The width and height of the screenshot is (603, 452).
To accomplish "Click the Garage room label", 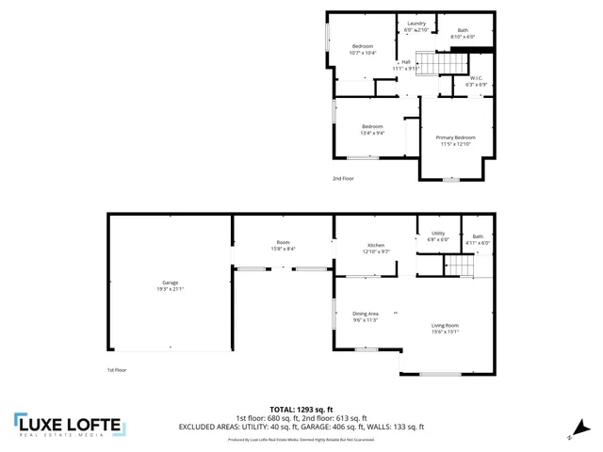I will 171,282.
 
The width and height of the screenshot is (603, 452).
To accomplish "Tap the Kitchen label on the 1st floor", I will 374,246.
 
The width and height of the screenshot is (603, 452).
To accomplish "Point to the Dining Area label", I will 366,314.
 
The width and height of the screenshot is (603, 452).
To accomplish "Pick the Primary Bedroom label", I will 455,137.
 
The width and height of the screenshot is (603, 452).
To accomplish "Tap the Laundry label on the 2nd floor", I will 416,24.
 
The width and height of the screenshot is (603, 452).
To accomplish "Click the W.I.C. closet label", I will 476,79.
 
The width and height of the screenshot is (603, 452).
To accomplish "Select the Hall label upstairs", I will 405,62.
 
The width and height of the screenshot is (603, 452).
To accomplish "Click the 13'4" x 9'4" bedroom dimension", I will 372,133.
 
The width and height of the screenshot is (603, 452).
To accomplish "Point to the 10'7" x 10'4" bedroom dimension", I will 363,53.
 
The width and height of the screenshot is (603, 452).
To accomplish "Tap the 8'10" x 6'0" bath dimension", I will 463,37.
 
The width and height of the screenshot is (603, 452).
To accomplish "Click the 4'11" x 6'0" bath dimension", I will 478,243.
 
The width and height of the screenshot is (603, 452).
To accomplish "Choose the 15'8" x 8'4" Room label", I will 283,249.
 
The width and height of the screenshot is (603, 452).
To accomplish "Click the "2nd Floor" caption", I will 343,178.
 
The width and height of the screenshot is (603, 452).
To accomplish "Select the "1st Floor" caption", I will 117,370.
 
